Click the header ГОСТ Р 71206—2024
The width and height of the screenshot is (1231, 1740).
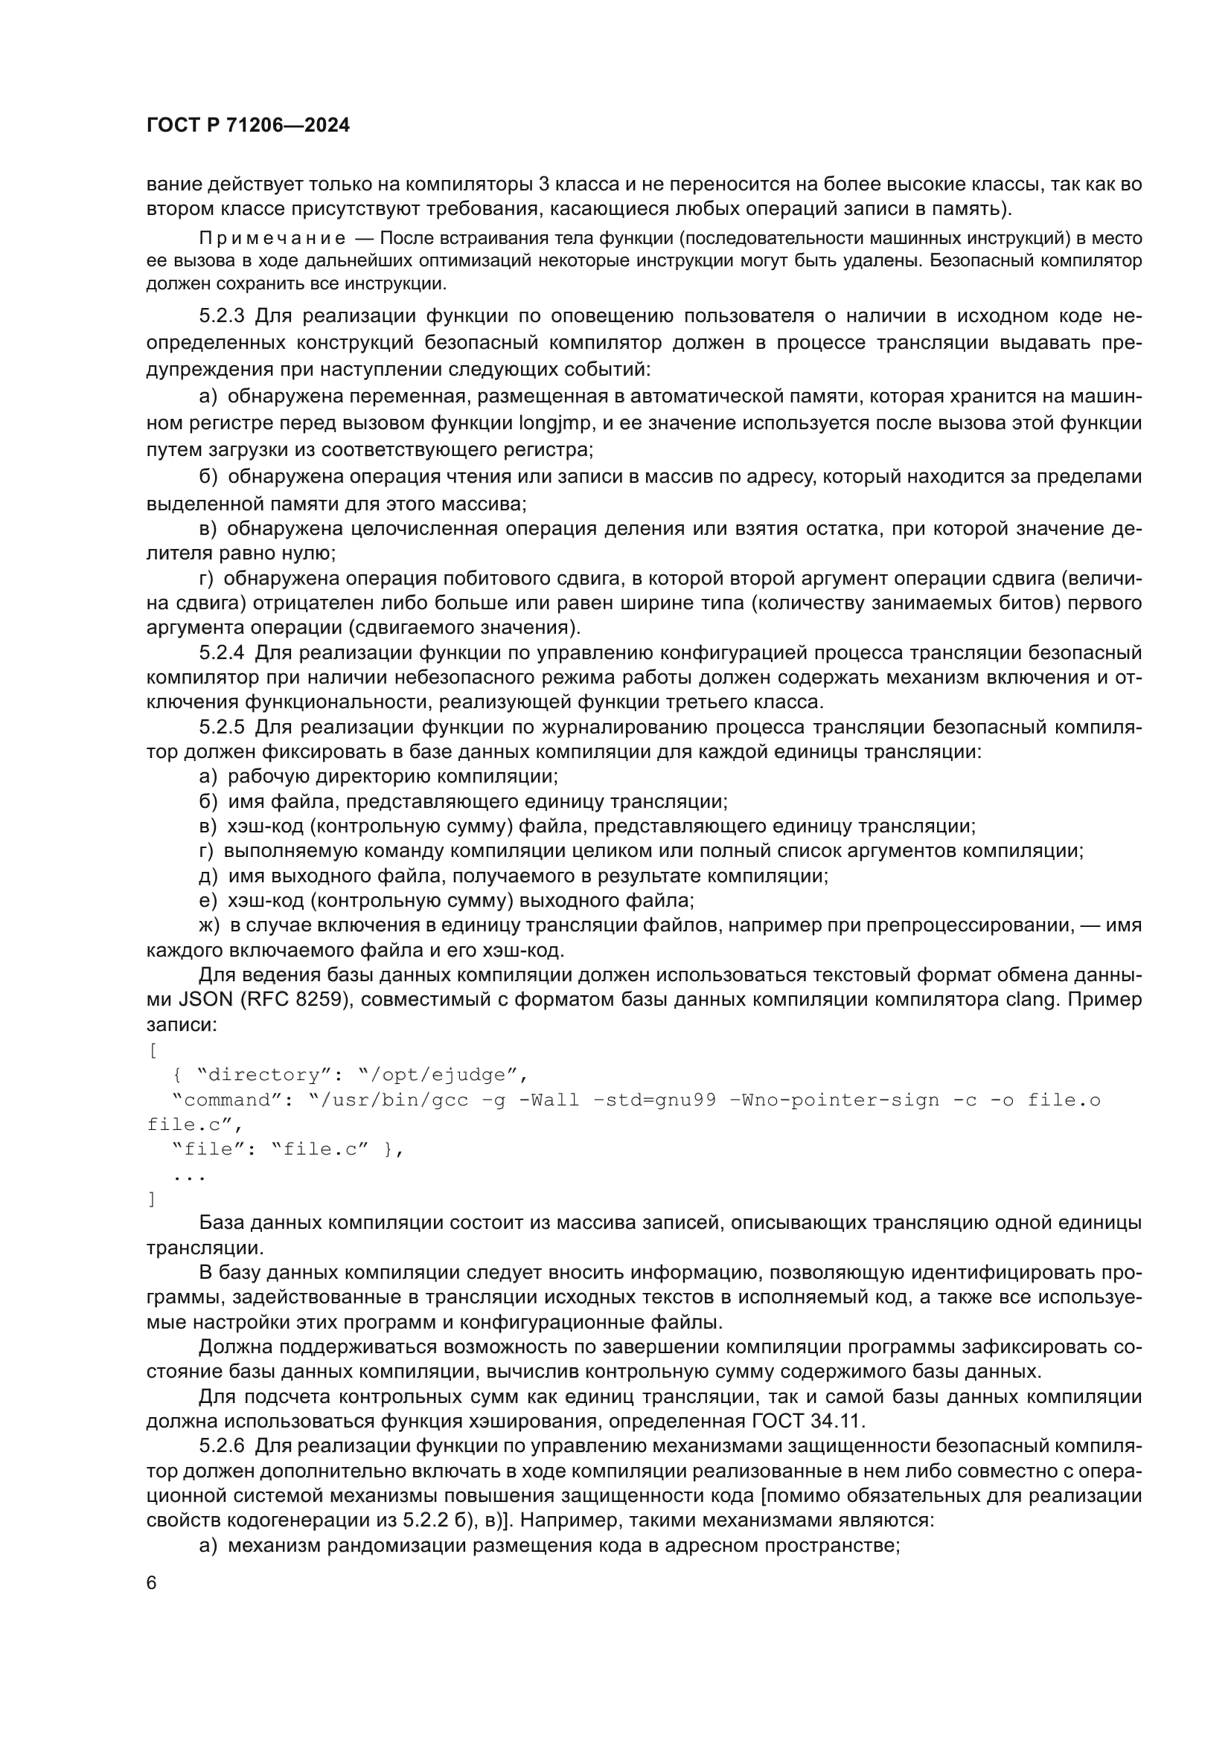248,126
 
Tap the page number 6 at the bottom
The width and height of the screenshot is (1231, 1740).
152,1583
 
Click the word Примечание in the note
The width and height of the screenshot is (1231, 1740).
272,239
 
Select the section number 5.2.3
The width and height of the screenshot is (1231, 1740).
221,316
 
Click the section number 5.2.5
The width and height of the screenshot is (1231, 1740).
221,728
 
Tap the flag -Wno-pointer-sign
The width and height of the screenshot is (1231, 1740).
834,1099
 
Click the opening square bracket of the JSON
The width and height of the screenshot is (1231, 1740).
152,1050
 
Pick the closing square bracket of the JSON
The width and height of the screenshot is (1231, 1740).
152,1199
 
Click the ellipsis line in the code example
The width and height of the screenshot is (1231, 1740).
189,1175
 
